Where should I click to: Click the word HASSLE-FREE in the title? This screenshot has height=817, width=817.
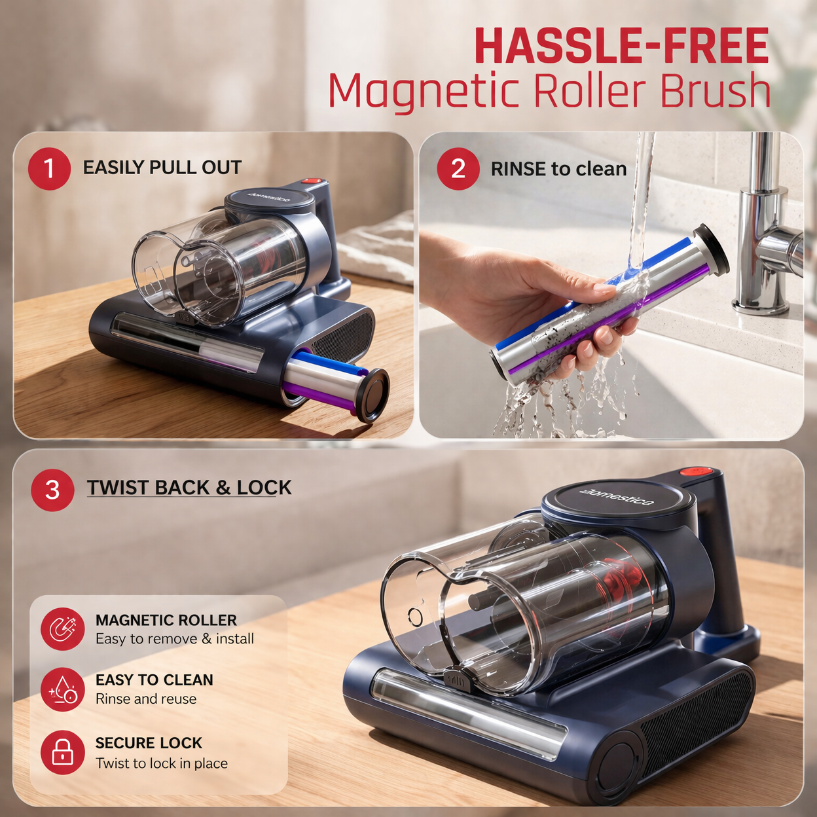point(621,46)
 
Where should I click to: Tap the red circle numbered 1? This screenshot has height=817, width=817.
point(49,169)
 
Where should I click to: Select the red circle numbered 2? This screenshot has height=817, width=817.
point(458,169)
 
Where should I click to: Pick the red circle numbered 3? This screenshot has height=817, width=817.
point(52,490)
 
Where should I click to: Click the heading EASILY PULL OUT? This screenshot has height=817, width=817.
point(162,168)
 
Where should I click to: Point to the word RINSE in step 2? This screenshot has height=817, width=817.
point(519,169)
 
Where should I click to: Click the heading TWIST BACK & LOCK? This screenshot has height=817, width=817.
point(189,488)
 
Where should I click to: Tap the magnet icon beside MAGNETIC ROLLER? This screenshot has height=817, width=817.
point(62,629)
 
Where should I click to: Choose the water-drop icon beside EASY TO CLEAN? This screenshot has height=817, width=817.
point(62,689)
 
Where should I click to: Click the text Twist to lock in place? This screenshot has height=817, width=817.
point(162,763)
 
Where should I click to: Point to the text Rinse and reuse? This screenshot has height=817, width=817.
point(146,699)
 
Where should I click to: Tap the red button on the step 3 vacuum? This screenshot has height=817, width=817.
point(695,471)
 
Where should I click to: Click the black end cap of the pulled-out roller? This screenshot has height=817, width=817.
point(372,395)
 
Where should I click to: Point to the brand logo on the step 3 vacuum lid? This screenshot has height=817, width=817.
point(617,498)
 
